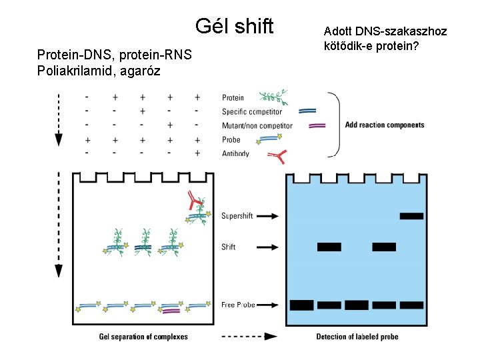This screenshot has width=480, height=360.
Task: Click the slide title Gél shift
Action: [234, 27]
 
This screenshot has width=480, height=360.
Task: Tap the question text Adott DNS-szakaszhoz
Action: [385, 31]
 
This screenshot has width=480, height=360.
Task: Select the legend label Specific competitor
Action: [251, 112]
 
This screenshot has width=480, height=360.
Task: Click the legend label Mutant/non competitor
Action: [257, 126]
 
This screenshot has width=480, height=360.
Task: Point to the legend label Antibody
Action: [235, 153]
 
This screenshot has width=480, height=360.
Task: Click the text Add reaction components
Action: [385, 125]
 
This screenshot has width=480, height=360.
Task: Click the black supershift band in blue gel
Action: [411, 216]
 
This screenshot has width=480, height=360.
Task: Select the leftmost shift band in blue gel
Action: [329, 247]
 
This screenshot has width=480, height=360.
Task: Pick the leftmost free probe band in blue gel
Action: [302, 305]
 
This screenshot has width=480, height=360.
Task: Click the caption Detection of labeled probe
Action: [357, 337]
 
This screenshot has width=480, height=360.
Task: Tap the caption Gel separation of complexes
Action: [143, 337]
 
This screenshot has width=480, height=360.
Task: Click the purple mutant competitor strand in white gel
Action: [171, 311]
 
